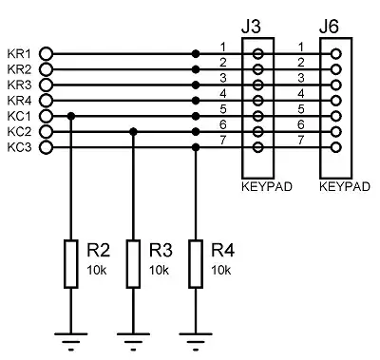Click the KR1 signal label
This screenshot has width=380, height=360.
(x=19, y=53)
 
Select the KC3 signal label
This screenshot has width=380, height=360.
(x=19, y=147)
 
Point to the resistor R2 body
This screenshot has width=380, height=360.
(x=71, y=263)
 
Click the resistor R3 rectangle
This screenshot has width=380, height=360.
(x=134, y=263)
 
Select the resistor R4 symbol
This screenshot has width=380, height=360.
(x=196, y=263)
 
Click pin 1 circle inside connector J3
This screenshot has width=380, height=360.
(x=257, y=54)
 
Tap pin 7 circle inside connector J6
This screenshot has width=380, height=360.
(x=337, y=147)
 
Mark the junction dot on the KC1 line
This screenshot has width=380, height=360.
(x=71, y=116)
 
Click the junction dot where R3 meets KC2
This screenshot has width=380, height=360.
(x=134, y=132)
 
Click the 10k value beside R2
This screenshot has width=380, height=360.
(x=96, y=270)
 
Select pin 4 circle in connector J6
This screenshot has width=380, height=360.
(x=337, y=101)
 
